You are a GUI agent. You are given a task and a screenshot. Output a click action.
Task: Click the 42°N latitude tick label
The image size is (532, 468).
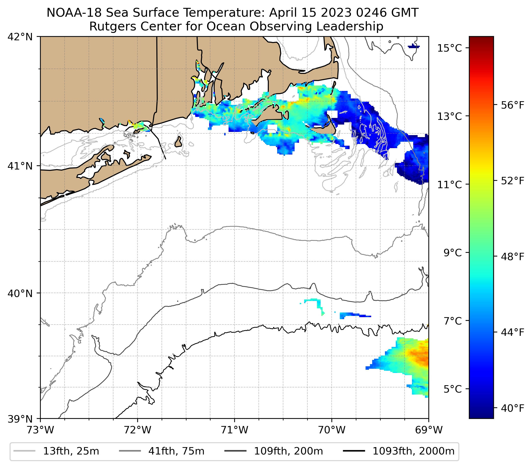20,37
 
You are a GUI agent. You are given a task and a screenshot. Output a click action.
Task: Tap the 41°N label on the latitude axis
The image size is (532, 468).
20,166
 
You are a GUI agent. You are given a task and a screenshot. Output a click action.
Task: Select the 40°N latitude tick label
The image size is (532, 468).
20,294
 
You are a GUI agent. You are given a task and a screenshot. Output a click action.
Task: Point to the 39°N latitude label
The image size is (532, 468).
20,419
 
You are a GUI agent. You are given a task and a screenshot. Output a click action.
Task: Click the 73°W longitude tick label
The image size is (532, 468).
40,430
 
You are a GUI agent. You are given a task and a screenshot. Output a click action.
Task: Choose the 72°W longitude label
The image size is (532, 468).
137,430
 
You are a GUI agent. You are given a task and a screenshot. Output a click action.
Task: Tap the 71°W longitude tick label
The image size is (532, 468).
234,430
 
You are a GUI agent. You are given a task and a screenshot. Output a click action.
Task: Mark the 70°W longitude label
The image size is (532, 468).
332,430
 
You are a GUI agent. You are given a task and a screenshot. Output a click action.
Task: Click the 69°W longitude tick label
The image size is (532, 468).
429,430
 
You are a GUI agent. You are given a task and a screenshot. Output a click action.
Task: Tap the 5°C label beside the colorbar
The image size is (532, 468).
453,389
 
